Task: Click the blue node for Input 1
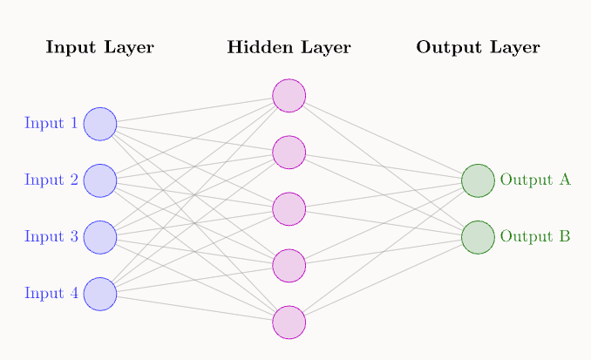100,124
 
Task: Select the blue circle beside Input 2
100,180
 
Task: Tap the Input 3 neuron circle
100,237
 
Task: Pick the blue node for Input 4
100,294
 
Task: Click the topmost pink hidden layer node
289,95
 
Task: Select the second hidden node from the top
289,152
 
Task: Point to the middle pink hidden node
289,208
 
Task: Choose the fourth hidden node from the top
289,265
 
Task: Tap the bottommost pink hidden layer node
289,322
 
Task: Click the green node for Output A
478,180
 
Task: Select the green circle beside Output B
478,237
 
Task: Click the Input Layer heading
99,48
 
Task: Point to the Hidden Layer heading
289,48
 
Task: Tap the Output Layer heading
478,48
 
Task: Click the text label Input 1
51,124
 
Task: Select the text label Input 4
51,294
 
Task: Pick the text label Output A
535,180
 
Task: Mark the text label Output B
535,237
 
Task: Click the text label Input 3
51,237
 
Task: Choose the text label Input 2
51,180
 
